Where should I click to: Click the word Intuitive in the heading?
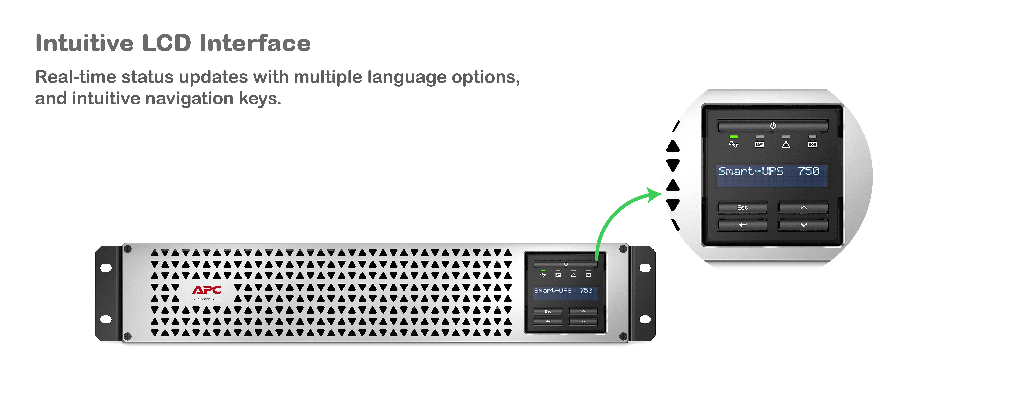[x=84, y=43]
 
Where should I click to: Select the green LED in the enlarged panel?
[x=733, y=137]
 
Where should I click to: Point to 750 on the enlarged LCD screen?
[x=809, y=171]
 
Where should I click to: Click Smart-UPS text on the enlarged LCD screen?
[x=751, y=171]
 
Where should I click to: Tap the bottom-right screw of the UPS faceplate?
[x=623, y=336]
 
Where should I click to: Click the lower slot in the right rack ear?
[x=645, y=319]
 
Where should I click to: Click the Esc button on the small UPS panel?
[x=548, y=311]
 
